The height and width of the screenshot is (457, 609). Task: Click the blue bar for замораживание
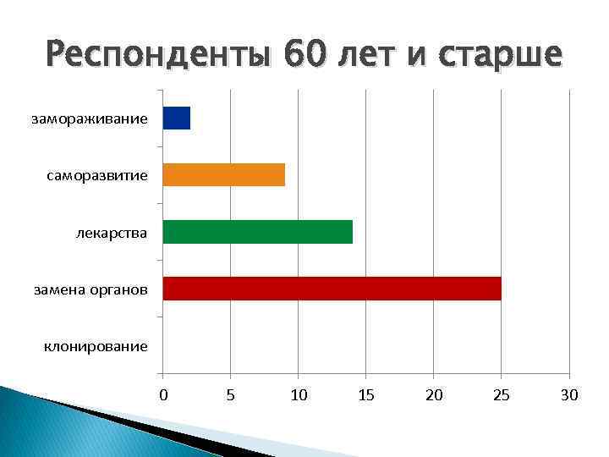click(x=176, y=118)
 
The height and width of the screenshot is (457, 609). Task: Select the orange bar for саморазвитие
click(x=223, y=174)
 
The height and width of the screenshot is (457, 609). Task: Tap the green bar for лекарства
click(x=257, y=231)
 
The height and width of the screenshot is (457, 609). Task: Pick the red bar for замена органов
click(x=332, y=288)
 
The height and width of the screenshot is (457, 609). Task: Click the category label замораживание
click(x=90, y=118)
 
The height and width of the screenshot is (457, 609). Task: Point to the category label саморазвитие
click(x=97, y=175)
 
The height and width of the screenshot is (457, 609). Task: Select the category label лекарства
click(x=110, y=232)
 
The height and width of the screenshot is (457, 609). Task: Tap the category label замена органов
click(x=91, y=289)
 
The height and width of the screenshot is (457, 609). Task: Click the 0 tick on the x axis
click(x=163, y=394)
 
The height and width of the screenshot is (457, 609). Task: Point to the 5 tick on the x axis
click(x=231, y=394)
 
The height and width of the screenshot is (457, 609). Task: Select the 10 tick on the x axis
click(x=299, y=394)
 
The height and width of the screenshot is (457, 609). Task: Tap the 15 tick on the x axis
click(x=366, y=394)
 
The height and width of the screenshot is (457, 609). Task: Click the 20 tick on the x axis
click(x=434, y=394)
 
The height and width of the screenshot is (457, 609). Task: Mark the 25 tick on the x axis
click(x=502, y=394)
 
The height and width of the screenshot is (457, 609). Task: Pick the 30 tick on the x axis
click(x=569, y=394)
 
